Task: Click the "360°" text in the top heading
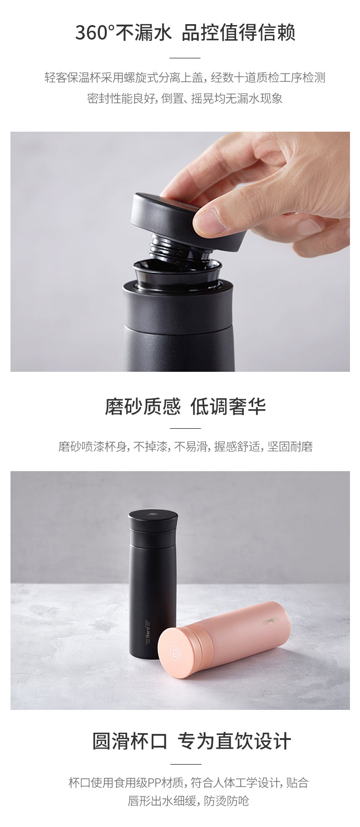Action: pyautogui.click(x=95, y=33)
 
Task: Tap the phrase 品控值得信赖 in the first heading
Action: pyautogui.click(x=238, y=33)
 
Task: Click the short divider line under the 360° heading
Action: pyautogui.click(x=185, y=58)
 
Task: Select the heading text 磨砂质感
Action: pyautogui.click(x=143, y=406)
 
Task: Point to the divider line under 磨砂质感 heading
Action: pyautogui.click(x=185, y=428)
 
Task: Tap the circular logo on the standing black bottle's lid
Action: pyautogui.click(x=153, y=515)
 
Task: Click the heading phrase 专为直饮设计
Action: pyautogui.click(x=234, y=741)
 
